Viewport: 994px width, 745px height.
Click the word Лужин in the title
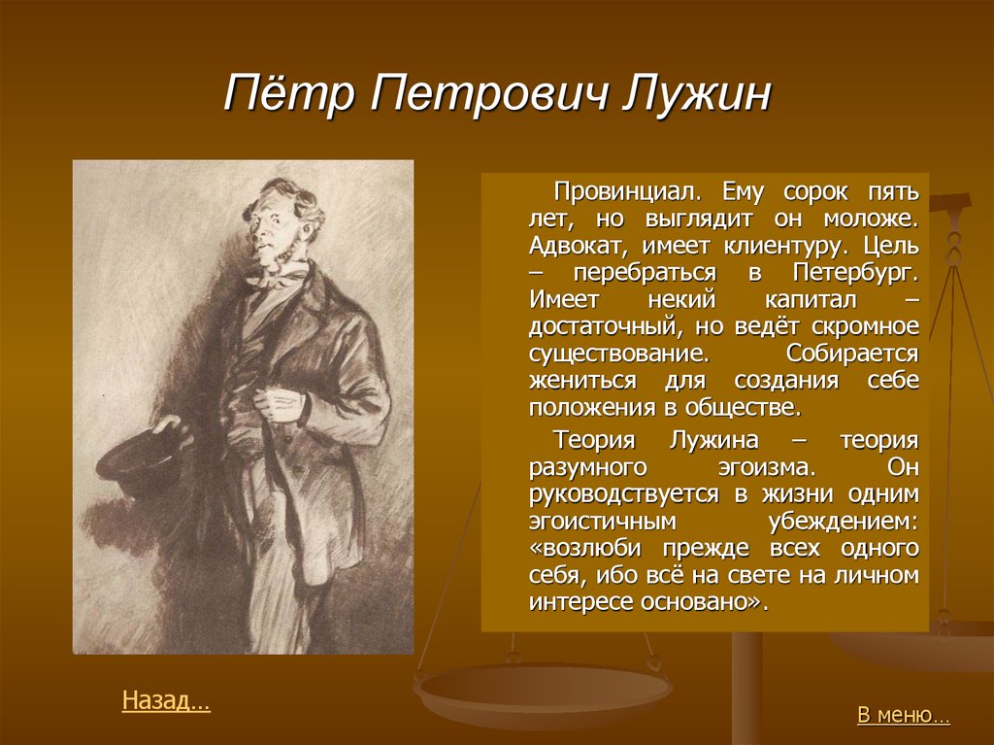point(697,94)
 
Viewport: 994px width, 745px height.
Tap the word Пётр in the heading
point(289,94)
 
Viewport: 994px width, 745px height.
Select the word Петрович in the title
point(488,95)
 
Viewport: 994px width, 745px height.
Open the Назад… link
point(165,700)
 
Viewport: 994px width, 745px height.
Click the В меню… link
point(904,715)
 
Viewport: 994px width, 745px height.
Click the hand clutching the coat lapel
point(282,402)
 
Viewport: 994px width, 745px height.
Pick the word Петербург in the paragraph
point(855,273)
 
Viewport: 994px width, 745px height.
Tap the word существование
point(618,354)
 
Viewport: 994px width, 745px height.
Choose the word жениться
point(582,381)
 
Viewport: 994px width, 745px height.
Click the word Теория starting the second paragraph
point(594,439)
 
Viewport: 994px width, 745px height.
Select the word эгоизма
point(767,467)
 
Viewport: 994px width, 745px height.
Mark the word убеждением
point(844,521)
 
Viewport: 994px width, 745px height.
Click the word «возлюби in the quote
point(584,548)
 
